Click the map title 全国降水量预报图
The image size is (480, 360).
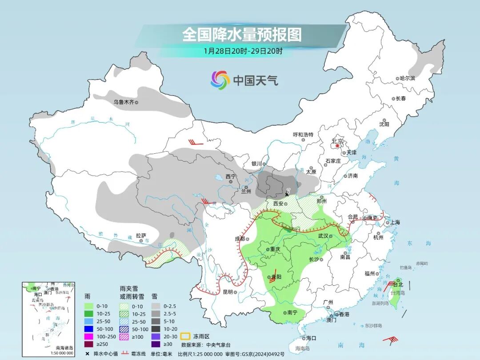tap(242, 35)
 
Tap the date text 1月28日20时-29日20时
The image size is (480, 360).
tap(243, 51)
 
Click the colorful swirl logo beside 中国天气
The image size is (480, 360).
tap(220, 80)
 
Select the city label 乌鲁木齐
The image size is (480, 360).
tap(123, 102)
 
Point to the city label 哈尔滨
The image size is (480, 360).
tap(407, 78)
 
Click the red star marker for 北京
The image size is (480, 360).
tap(338, 145)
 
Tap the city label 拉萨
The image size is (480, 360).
tap(141, 236)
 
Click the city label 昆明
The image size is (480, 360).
tap(228, 292)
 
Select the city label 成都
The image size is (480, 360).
tap(240, 239)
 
